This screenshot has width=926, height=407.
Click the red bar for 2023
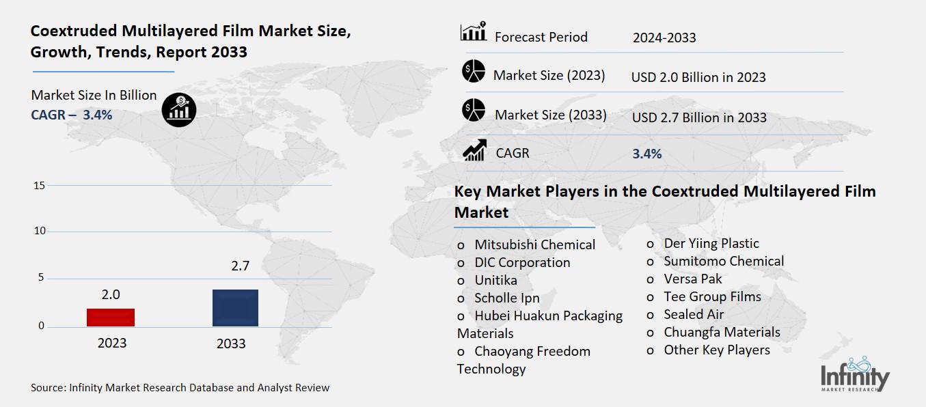point(111,318)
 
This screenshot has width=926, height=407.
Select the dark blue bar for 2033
point(235,308)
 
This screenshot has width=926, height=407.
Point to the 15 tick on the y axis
point(39,186)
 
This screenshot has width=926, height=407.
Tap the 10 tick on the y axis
point(39,231)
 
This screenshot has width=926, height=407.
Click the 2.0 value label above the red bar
point(111,295)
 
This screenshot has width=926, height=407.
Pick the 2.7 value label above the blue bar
point(240,266)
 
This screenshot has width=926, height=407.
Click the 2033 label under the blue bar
point(231,343)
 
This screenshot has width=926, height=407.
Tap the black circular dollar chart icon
point(179,109)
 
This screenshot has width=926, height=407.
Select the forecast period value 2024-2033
point(664,38)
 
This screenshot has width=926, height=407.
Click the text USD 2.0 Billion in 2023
point(698,77)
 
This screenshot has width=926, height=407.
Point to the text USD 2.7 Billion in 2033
point(699,117)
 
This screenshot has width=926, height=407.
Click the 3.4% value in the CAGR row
point(647,154)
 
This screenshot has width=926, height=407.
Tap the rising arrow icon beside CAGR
point(474,151)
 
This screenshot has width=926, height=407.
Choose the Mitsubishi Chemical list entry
point(534,244)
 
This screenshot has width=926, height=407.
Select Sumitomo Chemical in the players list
point(724,261)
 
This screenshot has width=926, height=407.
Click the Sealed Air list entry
point(694,314)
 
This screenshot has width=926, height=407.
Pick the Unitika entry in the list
point(495,280)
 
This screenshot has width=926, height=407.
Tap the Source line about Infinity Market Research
point(180,388)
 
